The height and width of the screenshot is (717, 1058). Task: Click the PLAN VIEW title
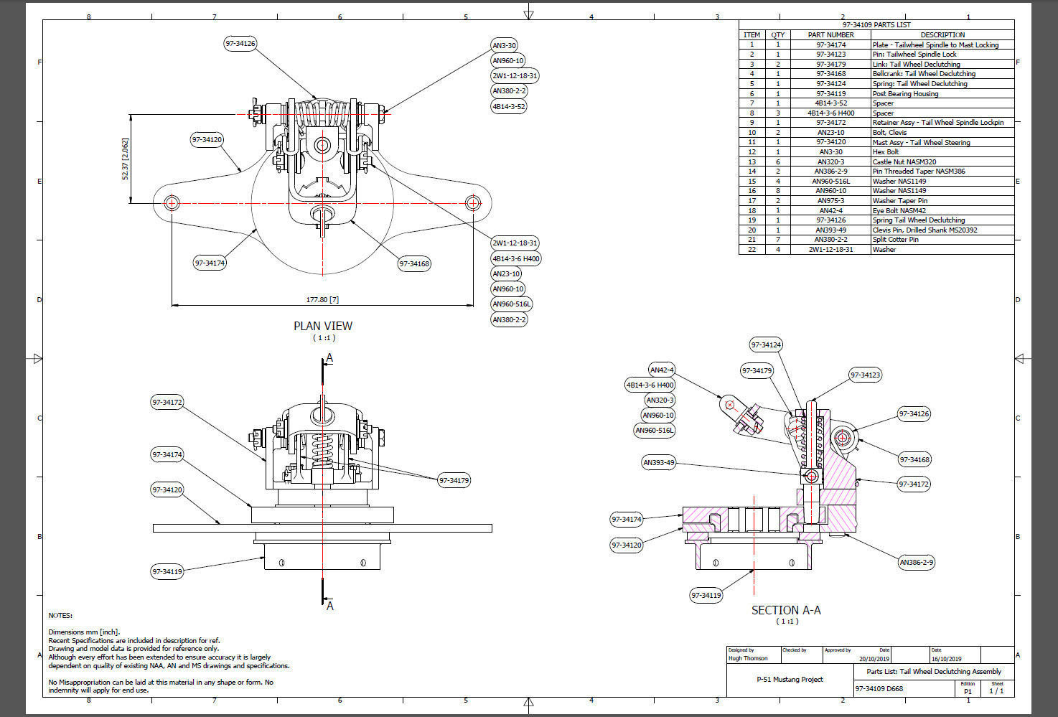click(x=323, y=326)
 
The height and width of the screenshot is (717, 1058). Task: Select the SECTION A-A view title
click(x=786, y=610)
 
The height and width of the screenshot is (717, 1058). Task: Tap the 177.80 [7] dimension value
click(x=322, y=300)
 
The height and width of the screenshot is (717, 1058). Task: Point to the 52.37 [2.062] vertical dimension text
click(x=126, y=159)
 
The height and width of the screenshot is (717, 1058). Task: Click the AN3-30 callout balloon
click(x=504, y=45)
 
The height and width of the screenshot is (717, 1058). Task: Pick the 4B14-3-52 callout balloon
click(x=508, y=106)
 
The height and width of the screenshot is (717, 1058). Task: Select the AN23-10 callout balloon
click(x=506, y=273)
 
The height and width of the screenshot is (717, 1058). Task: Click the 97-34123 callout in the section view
click(x=865, y=375)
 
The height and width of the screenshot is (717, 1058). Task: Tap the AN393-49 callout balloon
click(x=659, y=463)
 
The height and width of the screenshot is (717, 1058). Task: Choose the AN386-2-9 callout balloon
click(x=917, y=562)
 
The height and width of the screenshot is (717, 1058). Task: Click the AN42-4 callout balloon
click(x=661, y=370)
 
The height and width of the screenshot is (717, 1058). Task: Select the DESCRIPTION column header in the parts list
click(x=942, y=34)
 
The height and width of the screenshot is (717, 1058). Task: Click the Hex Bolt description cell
click(x=886, y=152)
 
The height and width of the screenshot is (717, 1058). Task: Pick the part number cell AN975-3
click(x=830, y=201)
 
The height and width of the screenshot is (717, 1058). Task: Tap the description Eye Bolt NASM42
click(x=899, y=211)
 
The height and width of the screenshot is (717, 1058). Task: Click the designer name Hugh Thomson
click(x=748, y=658)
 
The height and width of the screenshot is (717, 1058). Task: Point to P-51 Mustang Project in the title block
click(x=790, y=679)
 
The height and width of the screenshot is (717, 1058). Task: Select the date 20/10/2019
click(x=874, y=658)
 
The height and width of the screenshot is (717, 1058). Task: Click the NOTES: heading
click(x=60, y=615)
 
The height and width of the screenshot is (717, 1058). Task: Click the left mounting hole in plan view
click(x=172, y=202)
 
